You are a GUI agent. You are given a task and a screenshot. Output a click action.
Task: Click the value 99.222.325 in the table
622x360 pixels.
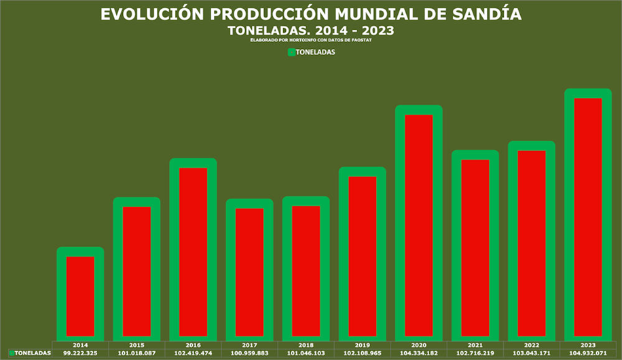coord(80,354)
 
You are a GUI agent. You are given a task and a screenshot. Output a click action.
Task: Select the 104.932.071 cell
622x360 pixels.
coord(588,354)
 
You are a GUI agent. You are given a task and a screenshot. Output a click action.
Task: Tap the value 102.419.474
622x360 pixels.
coord(193,354)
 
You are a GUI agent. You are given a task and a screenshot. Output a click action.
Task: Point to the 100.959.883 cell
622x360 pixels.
coord(249,354)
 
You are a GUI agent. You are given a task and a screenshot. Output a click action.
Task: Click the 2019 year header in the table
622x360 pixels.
coord(362,345)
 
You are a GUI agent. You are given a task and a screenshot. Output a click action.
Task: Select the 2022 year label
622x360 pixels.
coord(532,345)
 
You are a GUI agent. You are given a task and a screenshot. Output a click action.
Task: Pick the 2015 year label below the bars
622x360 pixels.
coord(136,345)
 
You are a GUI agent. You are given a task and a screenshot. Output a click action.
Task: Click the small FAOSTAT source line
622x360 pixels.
coord(312,40)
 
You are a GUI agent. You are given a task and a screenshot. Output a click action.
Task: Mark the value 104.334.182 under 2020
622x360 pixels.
coord(419,354)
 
